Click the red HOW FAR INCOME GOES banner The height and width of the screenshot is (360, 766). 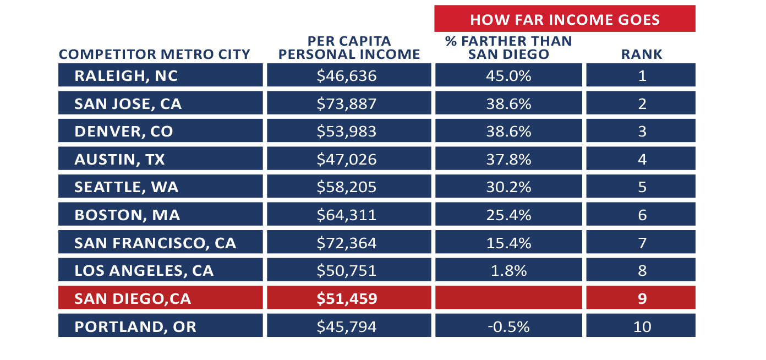click(x=565, y=19)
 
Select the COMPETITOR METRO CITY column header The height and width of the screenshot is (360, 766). click(x=155, y=54)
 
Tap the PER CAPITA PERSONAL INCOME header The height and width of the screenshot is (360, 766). click(x=349, y=48)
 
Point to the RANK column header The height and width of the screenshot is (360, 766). click(x=642, y=54)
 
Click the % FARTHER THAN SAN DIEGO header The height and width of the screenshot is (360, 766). click(x=508, y=48)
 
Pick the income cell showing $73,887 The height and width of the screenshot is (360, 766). click(x=349, y=103)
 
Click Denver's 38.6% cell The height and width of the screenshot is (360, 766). click(x=508, y=132)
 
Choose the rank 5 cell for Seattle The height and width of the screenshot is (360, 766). click(x=641, y=187)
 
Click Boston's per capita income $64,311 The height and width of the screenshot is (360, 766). click(x=349, y=215)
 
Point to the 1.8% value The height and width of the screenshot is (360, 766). click(x=508, y=271)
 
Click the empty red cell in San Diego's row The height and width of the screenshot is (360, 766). click(x=508, y=298)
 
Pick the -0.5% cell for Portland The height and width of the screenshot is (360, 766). click(x=508, y=326)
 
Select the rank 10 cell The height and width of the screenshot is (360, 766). click(x=641, y=326)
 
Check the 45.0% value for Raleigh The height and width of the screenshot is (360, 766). click(x=508, y=75)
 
